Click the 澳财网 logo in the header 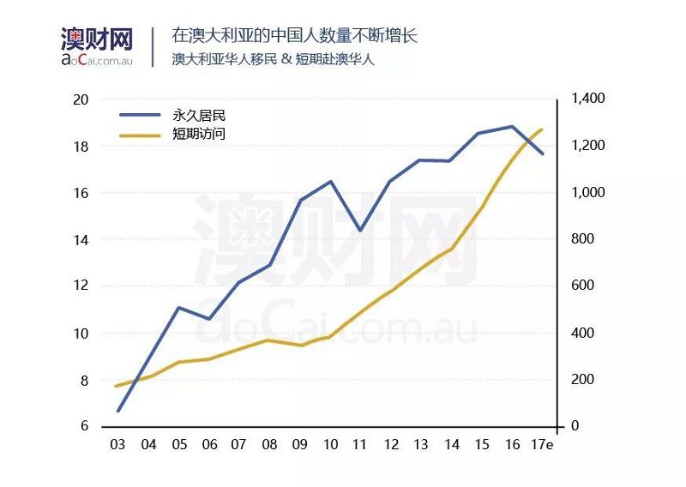click(97, 39)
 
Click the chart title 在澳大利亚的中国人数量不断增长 click(294, 36)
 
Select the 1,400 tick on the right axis click(587, 99)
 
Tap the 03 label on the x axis click(117, 445)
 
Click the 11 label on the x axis click(360, 445)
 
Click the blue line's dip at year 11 click(360, 230)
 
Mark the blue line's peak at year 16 click(512, 127)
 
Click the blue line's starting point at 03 click(117, 411)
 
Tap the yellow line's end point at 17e click(542, 129)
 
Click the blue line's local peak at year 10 click(330, 181)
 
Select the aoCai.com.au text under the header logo click(97, 58)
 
